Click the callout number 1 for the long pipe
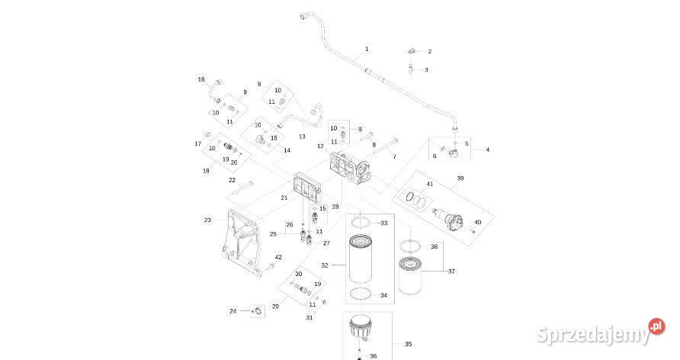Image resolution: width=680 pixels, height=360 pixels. (367, 49)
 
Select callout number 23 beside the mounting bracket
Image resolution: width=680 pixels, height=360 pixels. (207, 220)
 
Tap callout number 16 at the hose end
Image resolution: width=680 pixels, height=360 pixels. (201, 79)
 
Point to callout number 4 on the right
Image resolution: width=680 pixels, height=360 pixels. (488, 149)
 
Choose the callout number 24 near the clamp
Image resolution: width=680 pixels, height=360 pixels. (233, 311)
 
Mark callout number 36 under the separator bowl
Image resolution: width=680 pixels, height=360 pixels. (374, 356)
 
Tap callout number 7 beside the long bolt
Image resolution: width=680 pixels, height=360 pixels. (394, 156)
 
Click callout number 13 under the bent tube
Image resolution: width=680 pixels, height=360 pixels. (302, 136)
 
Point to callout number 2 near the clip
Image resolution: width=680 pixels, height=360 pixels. (429, 51)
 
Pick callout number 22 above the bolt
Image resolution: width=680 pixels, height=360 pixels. (232, 180)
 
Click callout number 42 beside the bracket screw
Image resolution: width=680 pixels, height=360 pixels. (278, 257)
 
